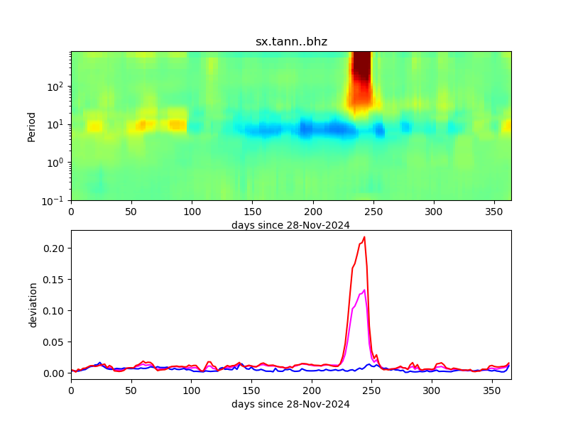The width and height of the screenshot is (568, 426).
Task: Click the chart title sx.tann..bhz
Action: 291,42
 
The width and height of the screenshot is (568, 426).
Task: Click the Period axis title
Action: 31,126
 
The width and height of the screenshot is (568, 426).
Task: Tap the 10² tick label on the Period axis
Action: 58,87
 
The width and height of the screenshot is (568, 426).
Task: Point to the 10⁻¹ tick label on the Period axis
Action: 58,200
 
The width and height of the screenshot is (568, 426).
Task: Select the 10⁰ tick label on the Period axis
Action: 58,163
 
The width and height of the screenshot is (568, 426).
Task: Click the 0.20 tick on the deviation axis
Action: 55,248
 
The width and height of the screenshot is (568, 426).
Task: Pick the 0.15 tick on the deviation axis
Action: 55,280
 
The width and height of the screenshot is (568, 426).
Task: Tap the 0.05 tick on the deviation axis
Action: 55,342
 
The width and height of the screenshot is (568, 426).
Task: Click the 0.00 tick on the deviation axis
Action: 55,373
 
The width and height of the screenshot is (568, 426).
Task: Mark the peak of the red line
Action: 364,237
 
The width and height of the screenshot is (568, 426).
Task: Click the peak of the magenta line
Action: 364,290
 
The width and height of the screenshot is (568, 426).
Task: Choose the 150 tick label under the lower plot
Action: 251,390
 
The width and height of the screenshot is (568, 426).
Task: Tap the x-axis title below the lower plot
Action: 290,404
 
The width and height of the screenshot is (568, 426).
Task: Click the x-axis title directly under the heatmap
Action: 290,225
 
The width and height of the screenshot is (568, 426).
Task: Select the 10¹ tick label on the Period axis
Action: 58,124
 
